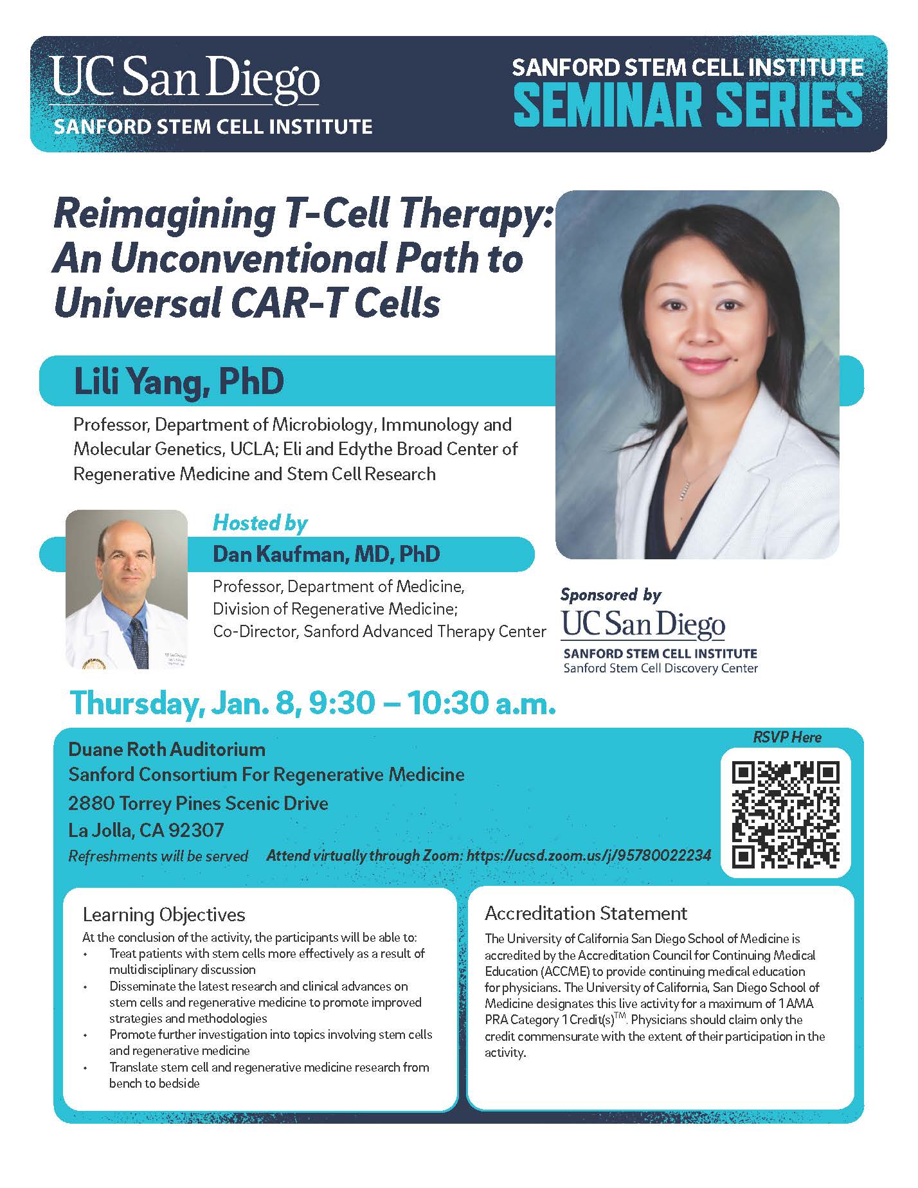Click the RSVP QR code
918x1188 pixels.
click(786, 813)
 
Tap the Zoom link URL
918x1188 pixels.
click(589, 856)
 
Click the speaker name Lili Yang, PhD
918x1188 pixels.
click(179, 381)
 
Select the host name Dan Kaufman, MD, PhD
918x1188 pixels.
click(326, 554)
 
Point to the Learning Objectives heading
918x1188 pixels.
click(164, 914)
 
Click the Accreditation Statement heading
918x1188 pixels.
click(586, 913)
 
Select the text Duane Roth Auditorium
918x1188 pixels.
click(167, 750)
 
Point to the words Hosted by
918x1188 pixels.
click(260, 523)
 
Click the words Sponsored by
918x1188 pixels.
click(610, 595)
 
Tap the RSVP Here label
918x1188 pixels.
click(787, 737)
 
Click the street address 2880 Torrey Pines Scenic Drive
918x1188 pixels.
click(198, 803)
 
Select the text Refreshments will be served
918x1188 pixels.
click(158, 856)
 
